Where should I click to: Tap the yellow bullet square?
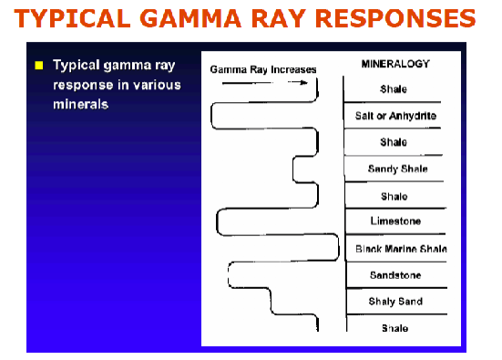39,67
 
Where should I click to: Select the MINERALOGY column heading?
394,64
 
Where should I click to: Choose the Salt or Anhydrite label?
394,116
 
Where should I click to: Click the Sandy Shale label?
394,169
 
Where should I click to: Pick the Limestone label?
394,221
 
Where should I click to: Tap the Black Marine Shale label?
395,248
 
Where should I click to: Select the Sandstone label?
394,274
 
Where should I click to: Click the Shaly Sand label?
394,301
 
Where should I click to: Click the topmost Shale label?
394,89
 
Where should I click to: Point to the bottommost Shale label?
394,327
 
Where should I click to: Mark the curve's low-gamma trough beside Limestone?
218,221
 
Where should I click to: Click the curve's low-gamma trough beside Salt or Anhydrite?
212,116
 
